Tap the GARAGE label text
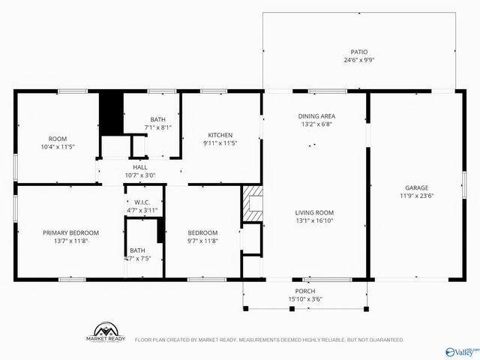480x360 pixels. coord(416,187)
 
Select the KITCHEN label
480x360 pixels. coord(220,135)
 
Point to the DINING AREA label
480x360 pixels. coord(316,116)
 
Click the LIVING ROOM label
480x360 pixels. coord(313,212)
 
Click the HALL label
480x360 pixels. coord(140,167)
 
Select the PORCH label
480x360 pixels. coord(305,291)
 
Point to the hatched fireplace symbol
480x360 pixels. coord(252,203)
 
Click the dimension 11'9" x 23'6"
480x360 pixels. coord(416,196)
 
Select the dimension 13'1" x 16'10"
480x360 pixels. coord(313,220)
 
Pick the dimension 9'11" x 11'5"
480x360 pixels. coord(220,143)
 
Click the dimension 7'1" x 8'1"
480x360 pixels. coord(158,127)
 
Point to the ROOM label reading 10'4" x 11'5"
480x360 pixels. coord(58,139)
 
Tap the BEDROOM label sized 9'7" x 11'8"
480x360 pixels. coord(202,232)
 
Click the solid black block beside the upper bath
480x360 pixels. coord(111,112)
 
